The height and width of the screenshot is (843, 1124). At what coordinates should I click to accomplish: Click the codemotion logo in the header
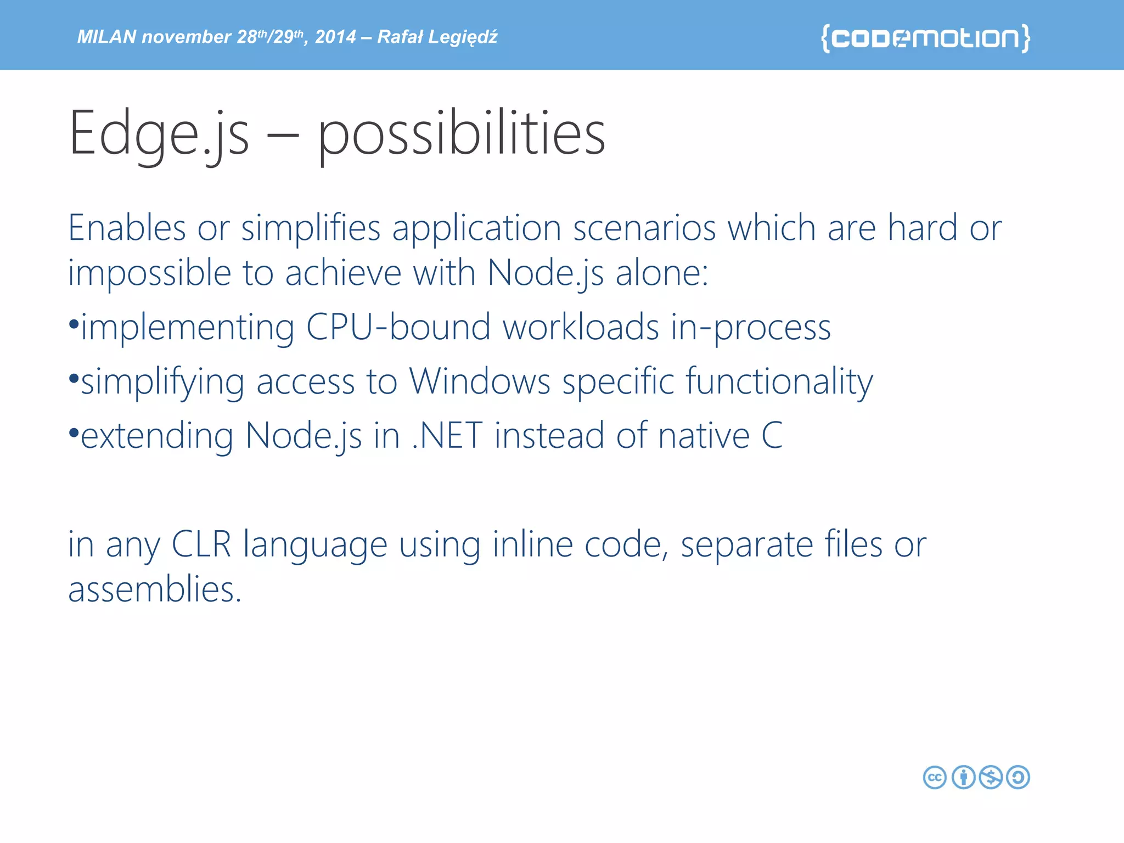[x=925, y=38]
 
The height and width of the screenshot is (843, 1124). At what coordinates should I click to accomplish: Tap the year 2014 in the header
[x=335, y=37]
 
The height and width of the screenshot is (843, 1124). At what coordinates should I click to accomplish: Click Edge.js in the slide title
[x=159, y=133]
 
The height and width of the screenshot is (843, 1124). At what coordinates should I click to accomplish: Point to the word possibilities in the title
[x=461, y=133]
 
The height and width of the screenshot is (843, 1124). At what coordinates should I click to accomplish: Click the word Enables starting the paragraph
[x=127, y=228]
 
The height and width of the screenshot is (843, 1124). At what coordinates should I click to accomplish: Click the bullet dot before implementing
[x=74, y=324]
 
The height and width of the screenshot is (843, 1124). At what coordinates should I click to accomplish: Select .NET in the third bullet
[x=447, y=435]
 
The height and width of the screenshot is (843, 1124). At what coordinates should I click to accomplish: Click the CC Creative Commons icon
[x=935, y=777]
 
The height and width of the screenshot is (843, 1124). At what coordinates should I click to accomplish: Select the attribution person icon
[x=963, y=777]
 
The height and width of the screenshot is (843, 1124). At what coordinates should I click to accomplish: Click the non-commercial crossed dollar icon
[x=991, y=777]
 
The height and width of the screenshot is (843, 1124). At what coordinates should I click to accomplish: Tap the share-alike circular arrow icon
[x=1018, y=777]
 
